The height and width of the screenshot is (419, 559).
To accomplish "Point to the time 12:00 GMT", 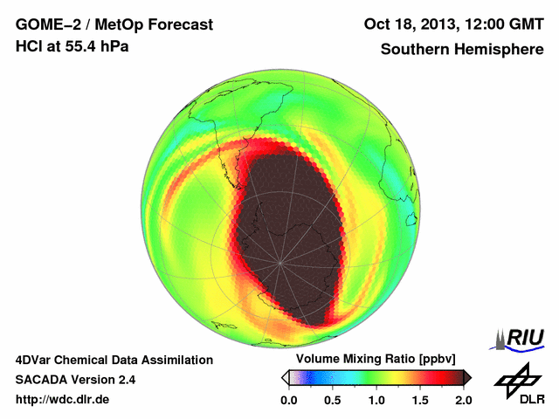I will click(x=498, y=24).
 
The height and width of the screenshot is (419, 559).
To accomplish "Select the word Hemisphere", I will click(x=500, y=50).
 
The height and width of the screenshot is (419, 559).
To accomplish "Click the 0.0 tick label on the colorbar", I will click(x=289, y=400).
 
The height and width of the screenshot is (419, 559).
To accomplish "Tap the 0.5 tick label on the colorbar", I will click(x=333, y=400).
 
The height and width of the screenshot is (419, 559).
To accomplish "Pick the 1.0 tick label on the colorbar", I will click(x=376, y=400).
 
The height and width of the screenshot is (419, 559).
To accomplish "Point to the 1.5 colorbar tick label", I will click(x=420, y=400).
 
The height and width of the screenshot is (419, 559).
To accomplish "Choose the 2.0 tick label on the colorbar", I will click(x=463, y=400).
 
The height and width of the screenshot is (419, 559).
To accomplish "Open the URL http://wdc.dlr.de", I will click(x=63, y=400).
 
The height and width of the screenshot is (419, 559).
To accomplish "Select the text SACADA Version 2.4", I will click(x=75, y=380).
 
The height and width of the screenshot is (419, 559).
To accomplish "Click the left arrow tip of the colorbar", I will click(x=285, y=377).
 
